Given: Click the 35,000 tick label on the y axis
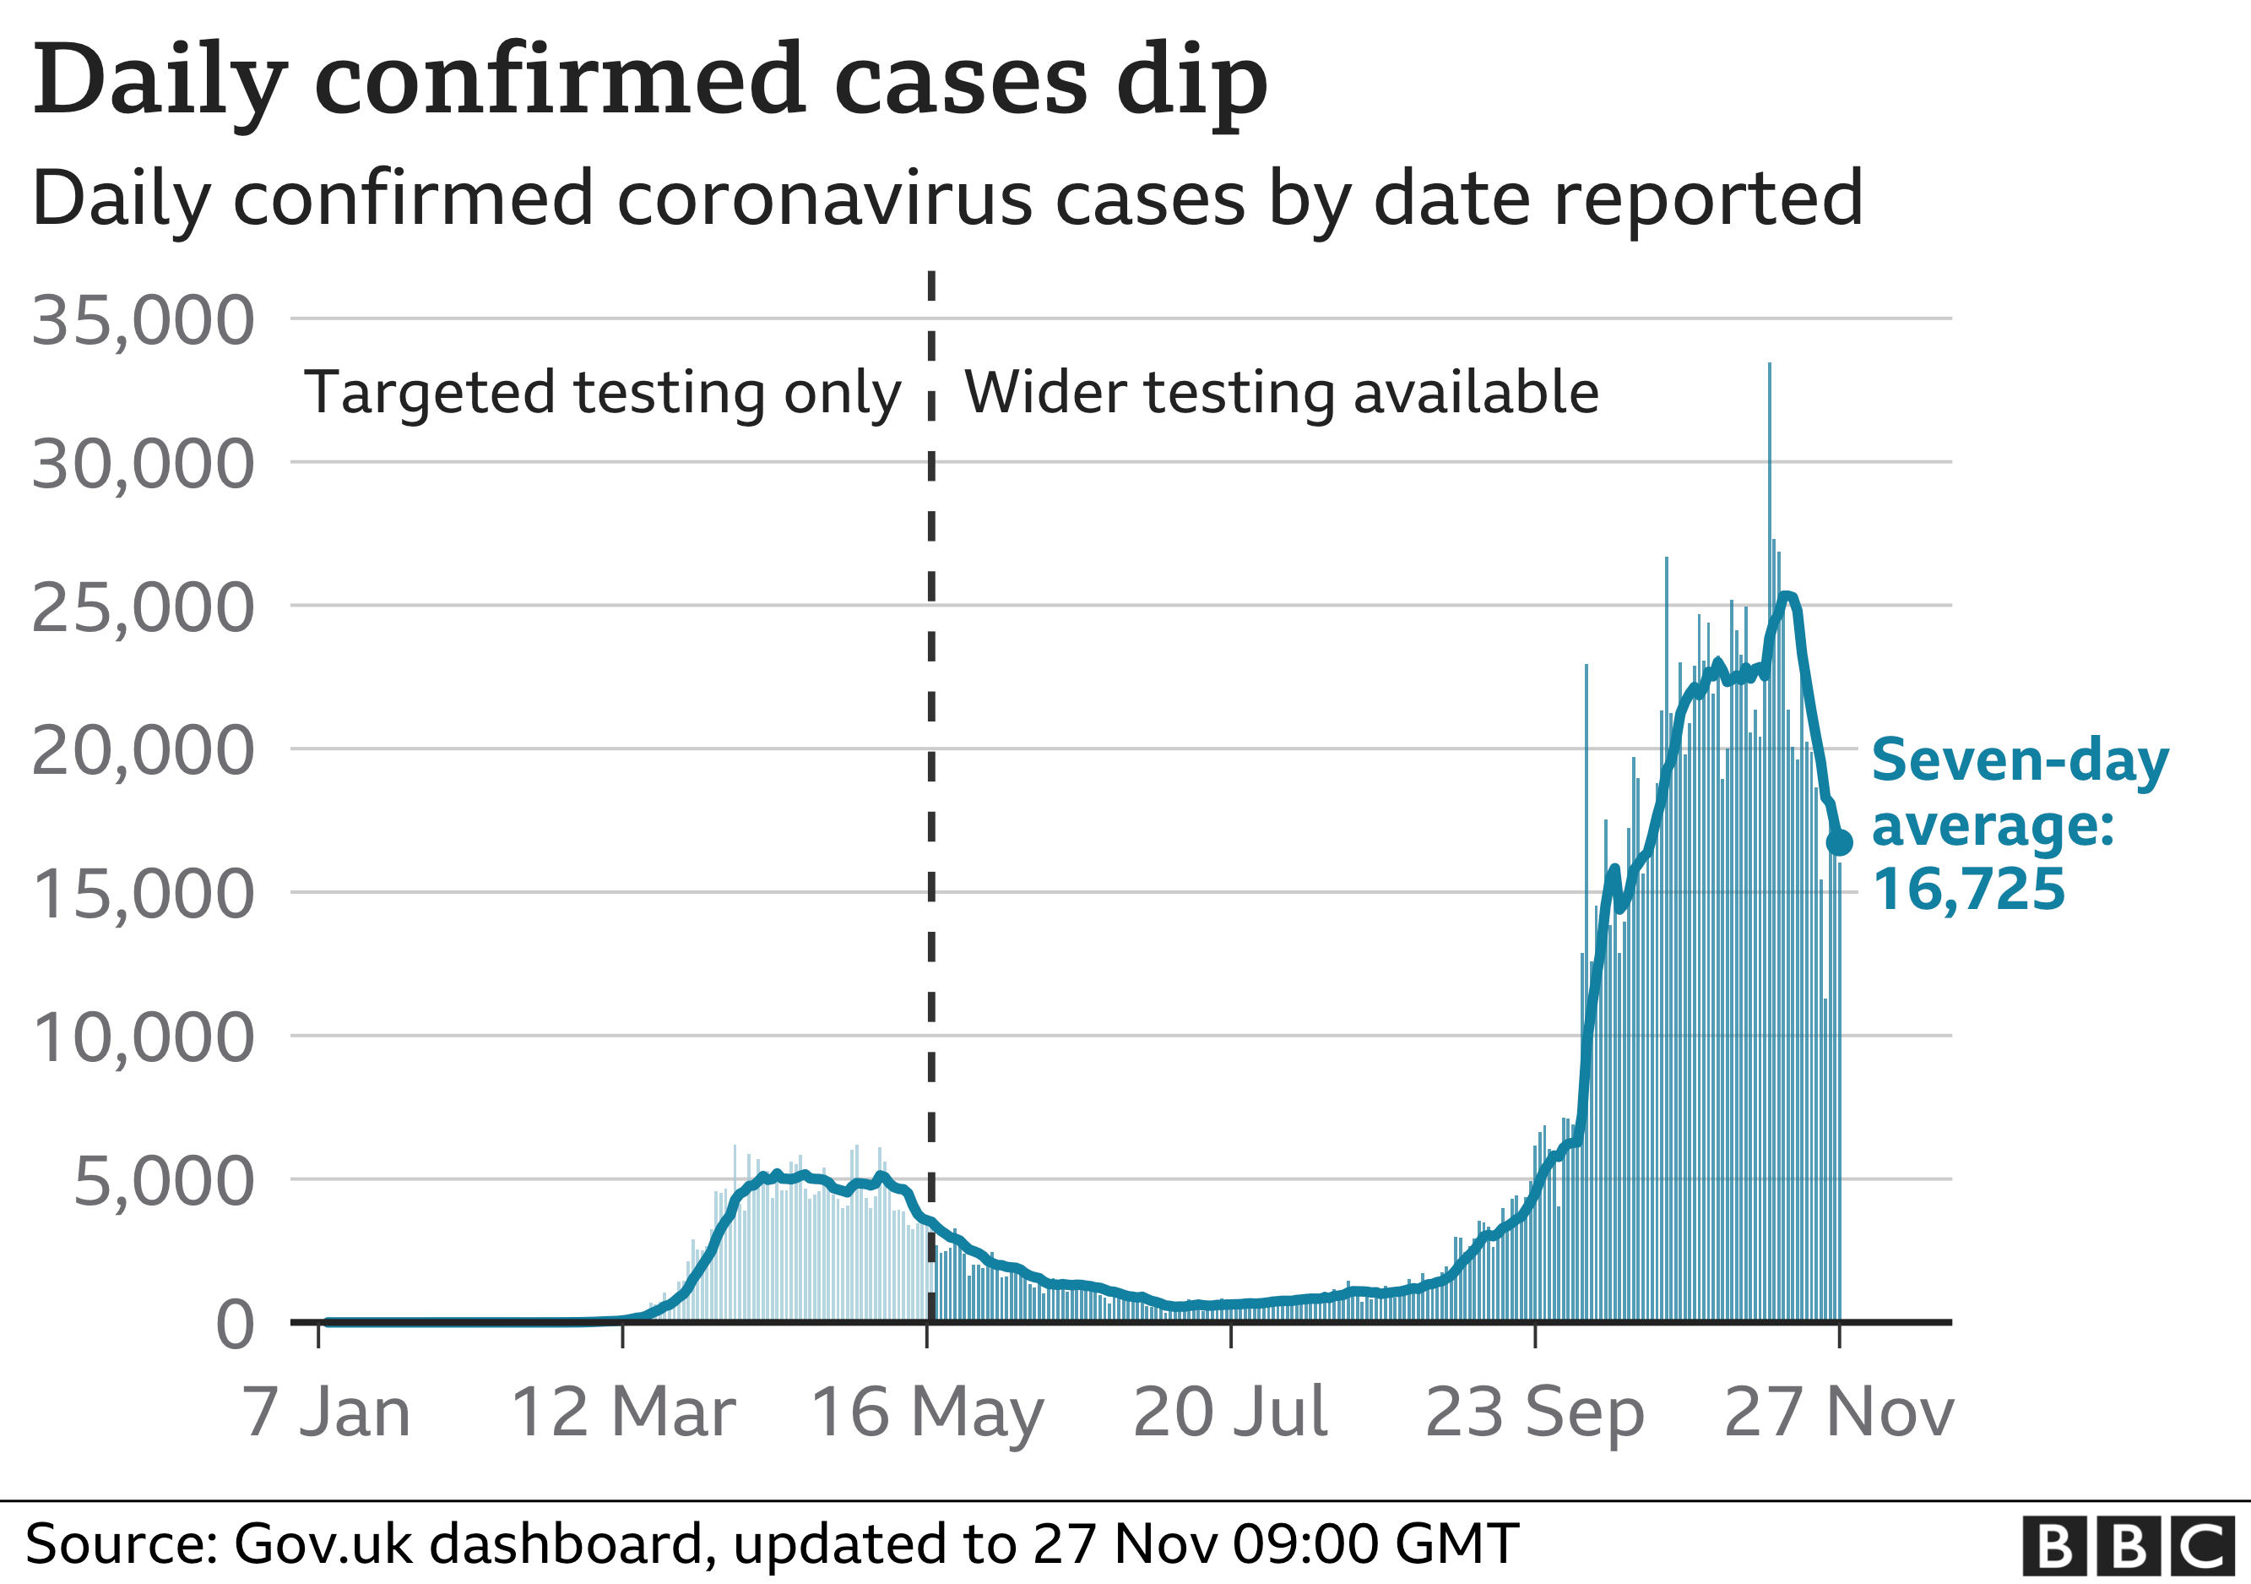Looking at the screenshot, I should point(144,321).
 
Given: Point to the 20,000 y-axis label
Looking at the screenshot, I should point(144,751).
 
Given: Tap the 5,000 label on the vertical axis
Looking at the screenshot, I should point(164,1182).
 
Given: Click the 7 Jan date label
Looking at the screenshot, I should point(327,1413).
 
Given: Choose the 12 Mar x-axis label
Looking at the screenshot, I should point(623,1413).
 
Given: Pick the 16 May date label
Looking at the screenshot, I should point(927,1413).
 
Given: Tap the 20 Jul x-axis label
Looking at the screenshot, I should point(1230,1413).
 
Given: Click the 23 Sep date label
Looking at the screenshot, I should point(1534,1413).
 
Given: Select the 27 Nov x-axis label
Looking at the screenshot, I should point(1838,1413).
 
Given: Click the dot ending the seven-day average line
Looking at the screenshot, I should point(1839,841).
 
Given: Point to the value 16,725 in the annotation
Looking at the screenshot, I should point(1969,890).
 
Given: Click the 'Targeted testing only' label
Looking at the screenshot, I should point(602,392).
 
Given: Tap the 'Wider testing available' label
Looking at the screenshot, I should point(1282,392).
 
